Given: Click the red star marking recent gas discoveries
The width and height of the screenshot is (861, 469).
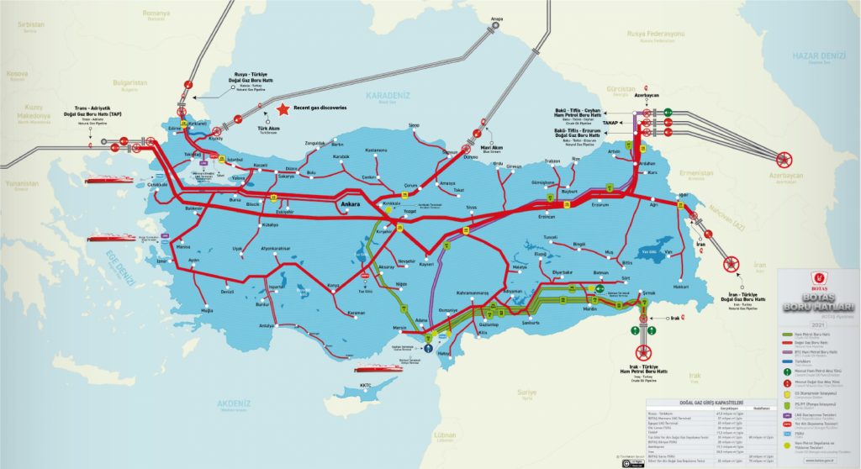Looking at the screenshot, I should click(x=283, y=108).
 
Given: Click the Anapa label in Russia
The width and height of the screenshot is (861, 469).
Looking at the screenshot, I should click(x=497, y=18).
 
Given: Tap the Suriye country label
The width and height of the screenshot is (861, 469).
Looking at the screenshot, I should click(x=526, y=392).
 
